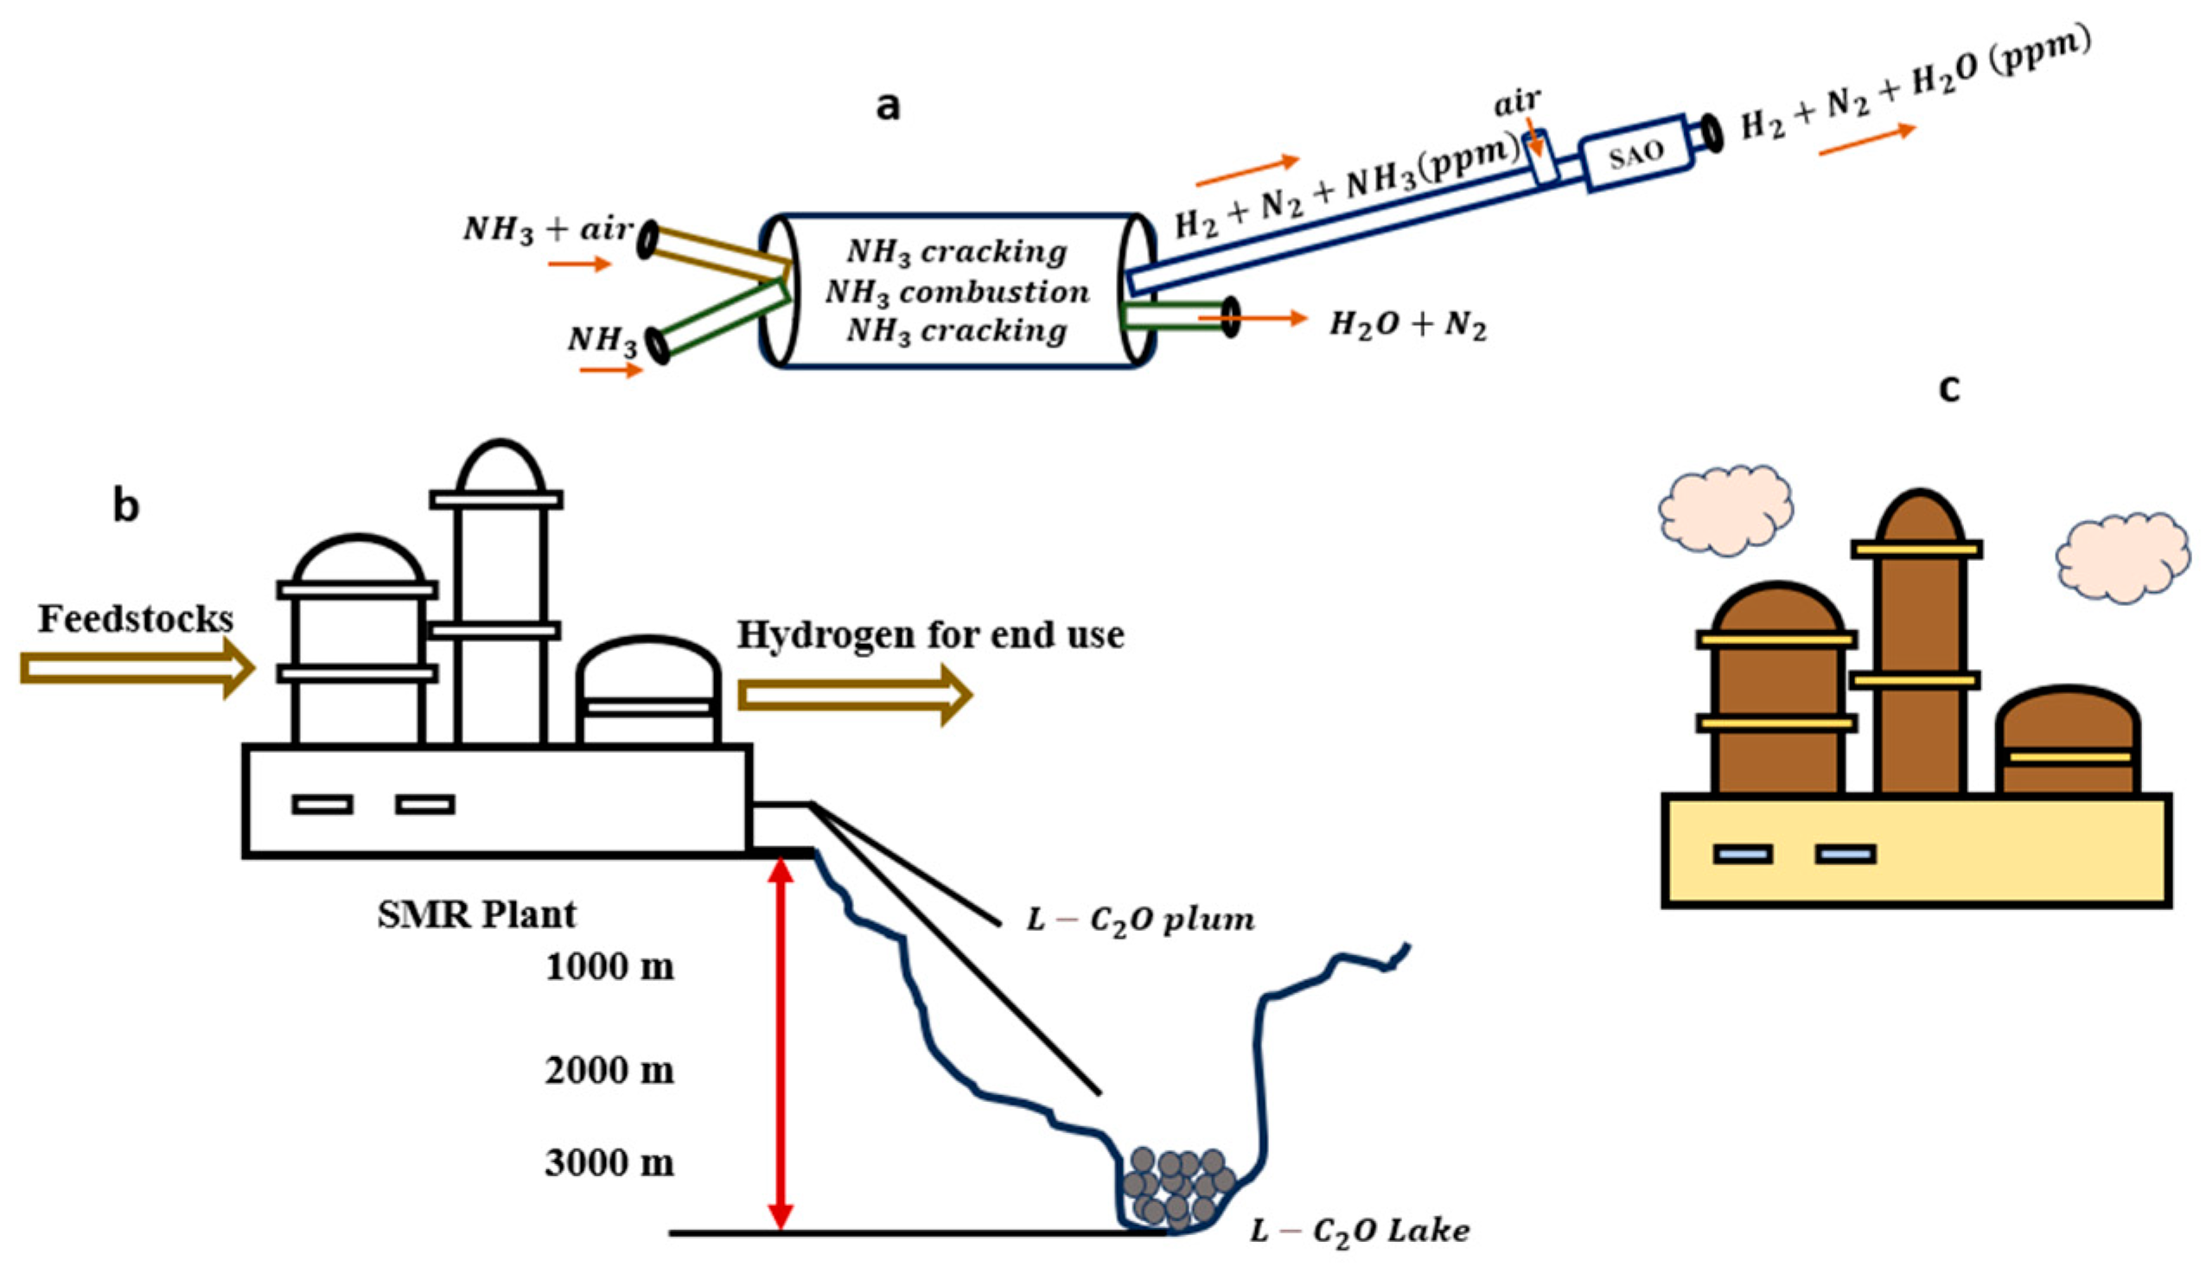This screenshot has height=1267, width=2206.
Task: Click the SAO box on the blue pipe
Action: point(1636,153)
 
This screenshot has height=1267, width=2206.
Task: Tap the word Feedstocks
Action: point(136,619)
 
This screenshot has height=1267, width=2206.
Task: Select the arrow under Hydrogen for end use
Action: point(855,695)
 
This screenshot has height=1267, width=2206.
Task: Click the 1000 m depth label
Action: point(609,967)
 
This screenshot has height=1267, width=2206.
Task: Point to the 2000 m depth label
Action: point(609,1070)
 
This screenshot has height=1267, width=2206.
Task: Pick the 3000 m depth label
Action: point(609,1162)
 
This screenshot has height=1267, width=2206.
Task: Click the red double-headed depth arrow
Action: point(781,1043)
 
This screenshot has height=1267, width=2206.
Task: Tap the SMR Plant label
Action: point(476,914)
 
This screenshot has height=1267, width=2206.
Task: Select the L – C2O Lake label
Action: point(1359,1232)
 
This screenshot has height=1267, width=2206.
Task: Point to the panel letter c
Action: point(1949,389)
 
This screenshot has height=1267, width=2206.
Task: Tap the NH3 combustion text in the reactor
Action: point(956,291)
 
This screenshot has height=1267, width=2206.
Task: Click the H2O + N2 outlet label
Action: point(1407,326)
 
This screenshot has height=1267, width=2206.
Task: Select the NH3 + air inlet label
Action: point(548,230)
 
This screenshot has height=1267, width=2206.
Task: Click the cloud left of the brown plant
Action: point(1725,510)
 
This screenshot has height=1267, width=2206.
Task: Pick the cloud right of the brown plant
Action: point(2122,557)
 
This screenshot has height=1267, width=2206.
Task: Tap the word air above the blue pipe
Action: point(1518,103)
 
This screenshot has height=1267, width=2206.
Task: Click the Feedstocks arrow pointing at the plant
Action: point(137,668)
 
